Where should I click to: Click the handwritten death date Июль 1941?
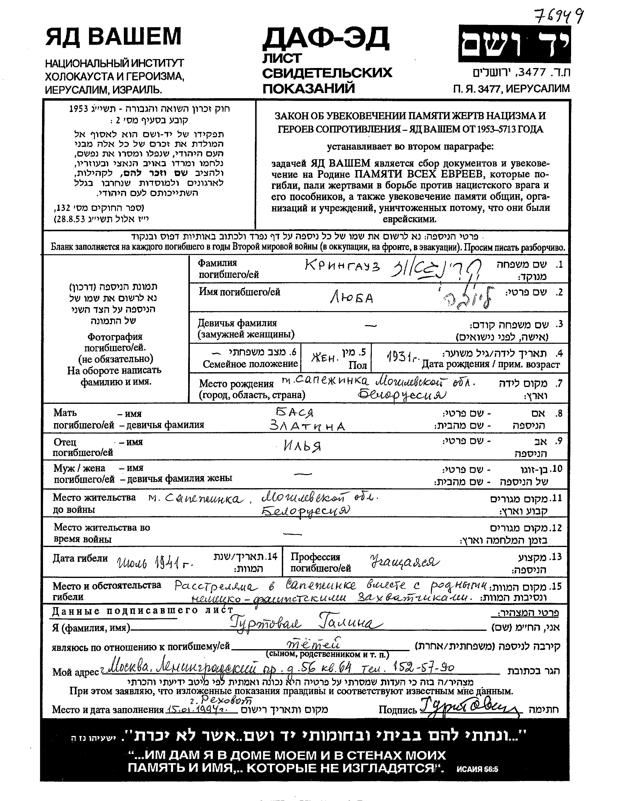(155, 562)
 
